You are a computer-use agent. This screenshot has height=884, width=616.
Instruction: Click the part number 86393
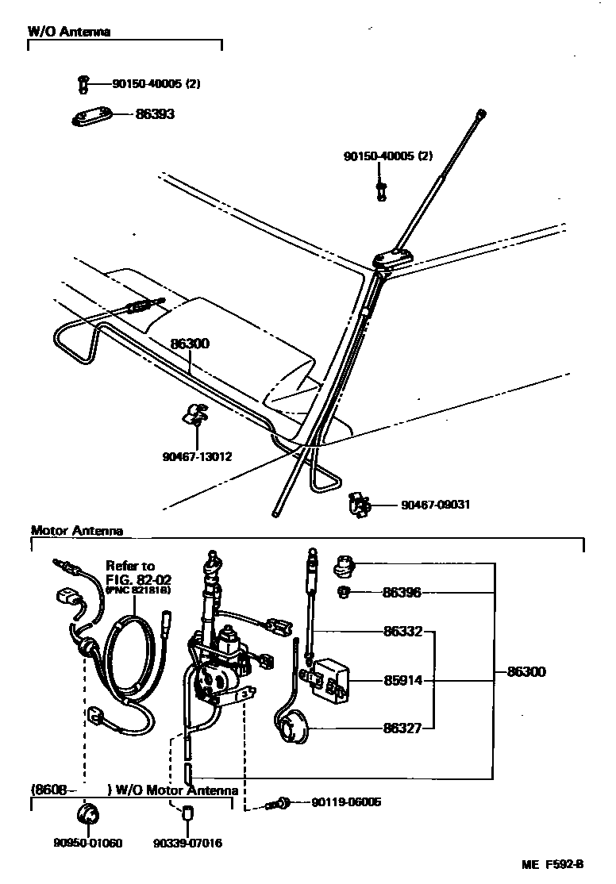(x=155, y=114)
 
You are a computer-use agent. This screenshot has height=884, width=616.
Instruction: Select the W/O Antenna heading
(x=69, y=32)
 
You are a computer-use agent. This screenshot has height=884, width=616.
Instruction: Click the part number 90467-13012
(x=197, y=456)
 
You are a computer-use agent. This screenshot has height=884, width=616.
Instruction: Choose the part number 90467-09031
(x=435, y=504)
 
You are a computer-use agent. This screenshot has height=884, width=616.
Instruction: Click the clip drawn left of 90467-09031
(x=359, y=505)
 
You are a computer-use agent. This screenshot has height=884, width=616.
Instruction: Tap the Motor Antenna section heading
(x=77, y=531)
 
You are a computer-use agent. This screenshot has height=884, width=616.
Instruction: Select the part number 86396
(x=402, y=592)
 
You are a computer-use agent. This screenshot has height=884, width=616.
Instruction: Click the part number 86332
(x=402, y=632)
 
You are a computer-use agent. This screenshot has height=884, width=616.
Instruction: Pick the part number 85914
(x=402, y=680)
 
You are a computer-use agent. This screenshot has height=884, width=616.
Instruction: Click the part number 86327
(x=402, y=727)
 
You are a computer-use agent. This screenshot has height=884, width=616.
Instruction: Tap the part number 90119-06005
(x=346, y=802)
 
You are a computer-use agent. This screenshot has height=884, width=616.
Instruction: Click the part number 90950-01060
(x=88, y=843)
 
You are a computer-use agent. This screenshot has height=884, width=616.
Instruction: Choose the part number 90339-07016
(x=188, y=843)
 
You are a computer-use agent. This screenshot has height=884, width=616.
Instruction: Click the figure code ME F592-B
(x=552, y=864)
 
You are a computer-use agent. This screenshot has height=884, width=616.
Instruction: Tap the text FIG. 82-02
(x=137, y=578)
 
